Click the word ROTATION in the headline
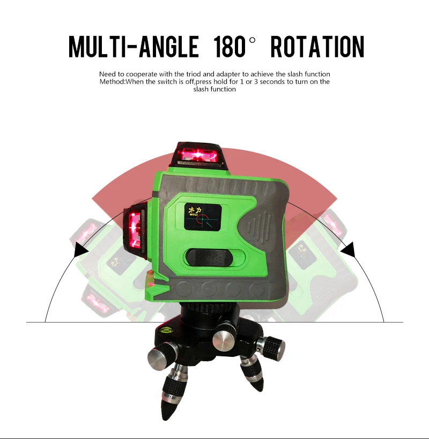317,47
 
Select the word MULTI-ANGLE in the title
134,47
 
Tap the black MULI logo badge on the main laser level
203,216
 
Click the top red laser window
198,155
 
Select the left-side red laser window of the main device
135,230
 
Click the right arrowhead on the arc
348,249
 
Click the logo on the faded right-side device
300,254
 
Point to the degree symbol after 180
252,40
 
